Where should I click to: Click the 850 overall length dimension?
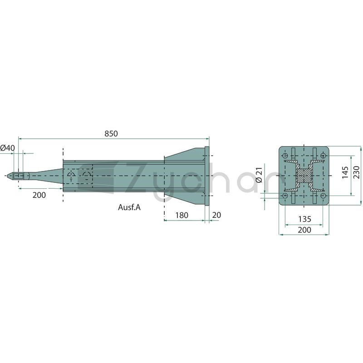click(x=111, y=134)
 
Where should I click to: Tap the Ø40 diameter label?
click(x=7, y=148)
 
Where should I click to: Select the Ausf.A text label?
click(x=129, y=207)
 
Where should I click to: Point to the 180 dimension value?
click(x=182, y=215)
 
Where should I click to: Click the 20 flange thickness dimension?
click(x=216, y=215)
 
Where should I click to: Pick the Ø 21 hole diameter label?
click(x=259, y=175)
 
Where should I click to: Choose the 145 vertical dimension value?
click(x=345, y=172)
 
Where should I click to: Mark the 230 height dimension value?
click(x=357, y=172)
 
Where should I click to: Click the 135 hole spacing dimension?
click(x=304, y=219)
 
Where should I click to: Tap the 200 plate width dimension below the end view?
click(x=304, y=230)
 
